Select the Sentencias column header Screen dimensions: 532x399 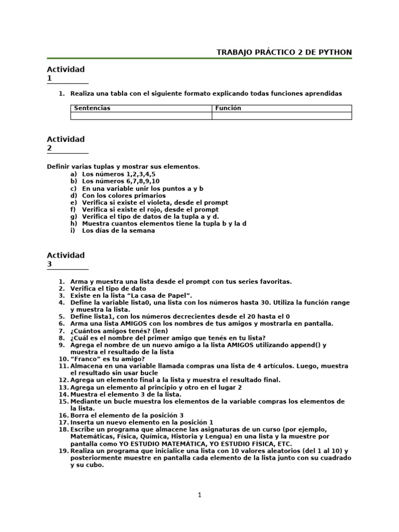92,108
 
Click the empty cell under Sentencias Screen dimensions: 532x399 141,116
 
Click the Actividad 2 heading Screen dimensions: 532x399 65,143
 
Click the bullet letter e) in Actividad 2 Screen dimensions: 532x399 73,203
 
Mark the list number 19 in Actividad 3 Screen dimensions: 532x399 62,451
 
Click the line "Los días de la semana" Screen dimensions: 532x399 118,231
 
